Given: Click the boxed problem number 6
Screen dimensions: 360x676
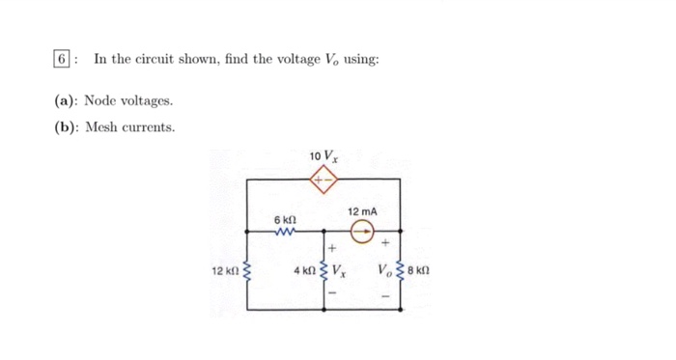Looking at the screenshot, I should click(x=61, y=60).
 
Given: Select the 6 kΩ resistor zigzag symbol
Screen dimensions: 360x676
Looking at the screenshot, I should click(x=284, y=231).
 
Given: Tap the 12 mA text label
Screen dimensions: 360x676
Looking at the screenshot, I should click(x=363, y=210).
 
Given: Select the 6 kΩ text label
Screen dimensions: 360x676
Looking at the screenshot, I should click(x=284, y=219).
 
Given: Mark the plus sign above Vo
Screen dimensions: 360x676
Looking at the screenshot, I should click(x=385, y=244).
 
